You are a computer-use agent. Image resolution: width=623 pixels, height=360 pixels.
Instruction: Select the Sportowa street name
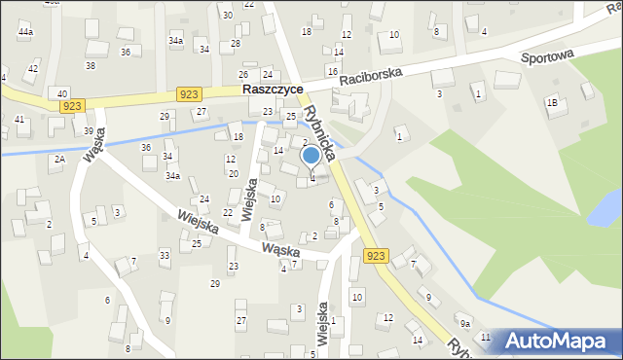point(547,57)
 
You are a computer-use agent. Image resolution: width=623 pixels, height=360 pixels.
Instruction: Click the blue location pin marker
point(311,156)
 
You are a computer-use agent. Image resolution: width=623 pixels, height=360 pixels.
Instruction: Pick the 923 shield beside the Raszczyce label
point(190,93)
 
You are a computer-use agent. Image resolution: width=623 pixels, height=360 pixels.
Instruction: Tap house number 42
point(32,68)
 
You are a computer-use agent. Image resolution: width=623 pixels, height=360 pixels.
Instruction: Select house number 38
point(90,65)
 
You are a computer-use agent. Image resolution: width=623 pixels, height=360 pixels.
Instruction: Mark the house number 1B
point(552,102)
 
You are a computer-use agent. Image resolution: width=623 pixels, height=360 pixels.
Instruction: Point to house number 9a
point(465,323)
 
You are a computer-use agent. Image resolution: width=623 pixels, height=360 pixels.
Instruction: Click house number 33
point(165,255)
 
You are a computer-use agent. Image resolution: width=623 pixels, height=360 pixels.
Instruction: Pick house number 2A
point(59,159)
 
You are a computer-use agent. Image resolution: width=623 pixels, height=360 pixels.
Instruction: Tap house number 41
point(19,119)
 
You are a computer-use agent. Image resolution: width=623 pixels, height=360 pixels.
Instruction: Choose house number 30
point(227,15)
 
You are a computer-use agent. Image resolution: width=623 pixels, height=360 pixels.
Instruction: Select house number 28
point(235,44)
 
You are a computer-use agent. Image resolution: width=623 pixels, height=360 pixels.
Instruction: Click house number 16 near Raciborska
point(332,71)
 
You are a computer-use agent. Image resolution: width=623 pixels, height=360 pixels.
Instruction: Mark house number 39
point(89,131)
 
